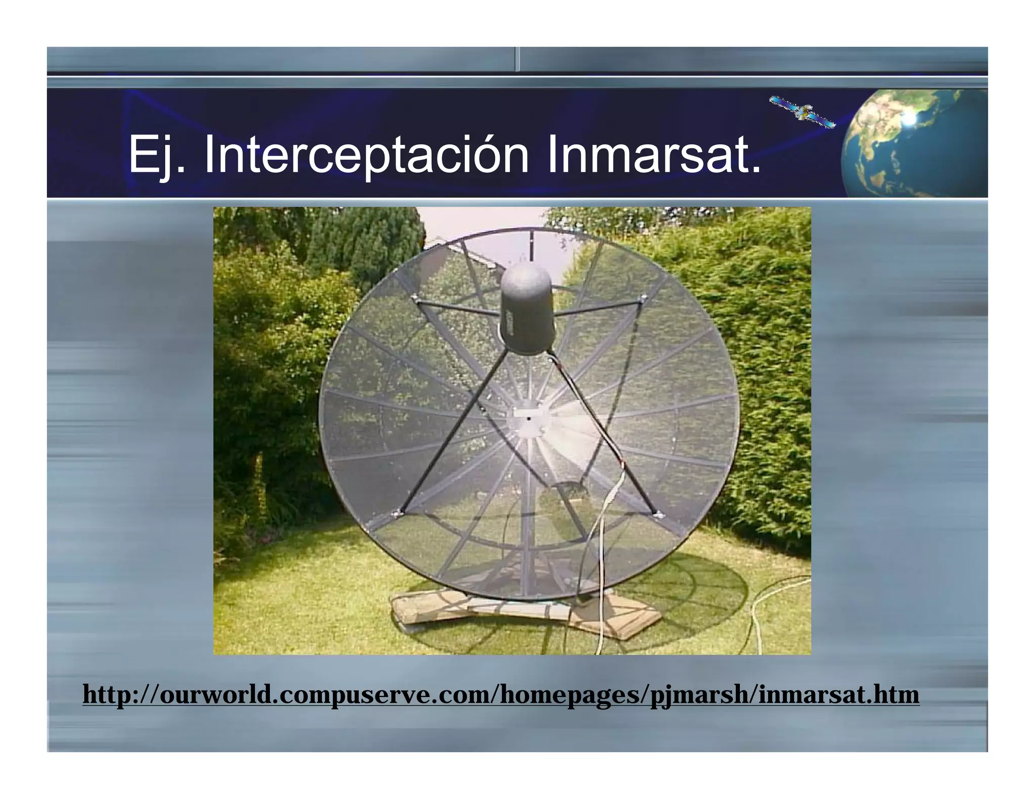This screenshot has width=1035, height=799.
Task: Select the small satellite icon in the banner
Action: pyautogui.click(x=802, y=112)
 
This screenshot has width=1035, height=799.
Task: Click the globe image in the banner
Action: pyautogui.click(x=915, y=143)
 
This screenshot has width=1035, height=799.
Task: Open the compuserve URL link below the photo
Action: pyautogui.click(x=500, y=694)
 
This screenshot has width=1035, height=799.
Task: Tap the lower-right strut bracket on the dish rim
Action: pyautogui.click(x=657, y=515)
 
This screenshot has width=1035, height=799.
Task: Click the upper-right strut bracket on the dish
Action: pyautogui.click(x=642, y=299)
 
